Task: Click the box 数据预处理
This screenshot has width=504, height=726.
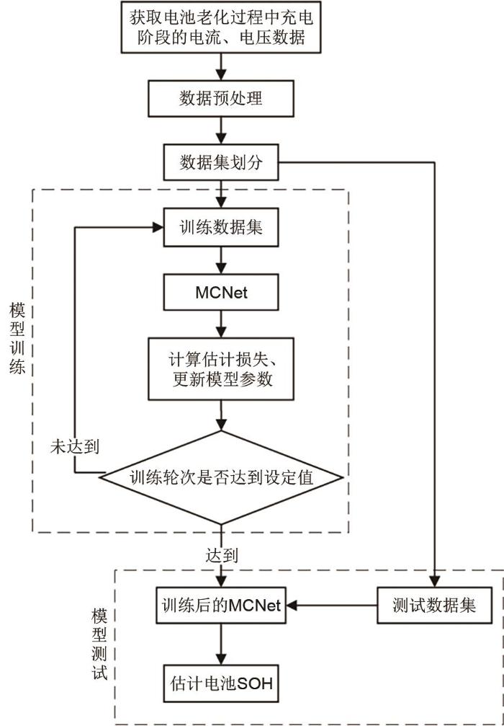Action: [221, 98]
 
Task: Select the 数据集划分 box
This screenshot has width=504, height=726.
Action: [221, 164]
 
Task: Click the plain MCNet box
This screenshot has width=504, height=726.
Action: [221, 293]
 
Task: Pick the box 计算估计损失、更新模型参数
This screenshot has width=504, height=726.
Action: [221, 368]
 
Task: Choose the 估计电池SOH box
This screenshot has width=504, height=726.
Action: [221, 682]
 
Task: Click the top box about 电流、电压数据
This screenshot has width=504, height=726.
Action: [221, 27]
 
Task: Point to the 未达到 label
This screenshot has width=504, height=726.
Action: [74, 446]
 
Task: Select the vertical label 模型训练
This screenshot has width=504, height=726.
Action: [17, 338]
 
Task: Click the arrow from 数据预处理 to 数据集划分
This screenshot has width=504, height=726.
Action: [221, 131]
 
